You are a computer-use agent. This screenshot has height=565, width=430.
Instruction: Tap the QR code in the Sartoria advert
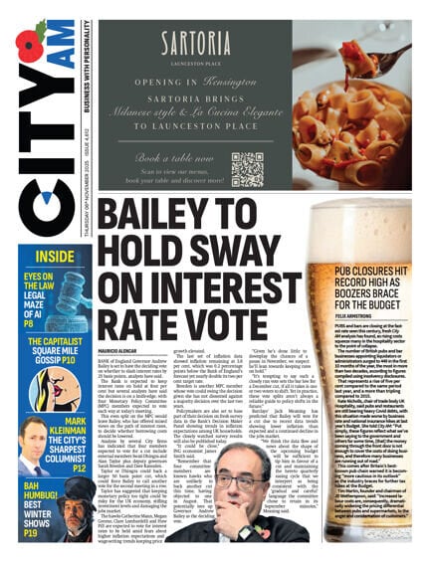coord(247,169)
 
